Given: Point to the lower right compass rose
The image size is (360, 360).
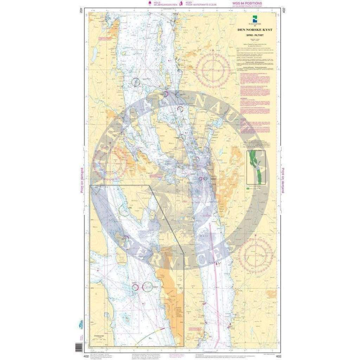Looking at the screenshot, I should click(255, 252).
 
